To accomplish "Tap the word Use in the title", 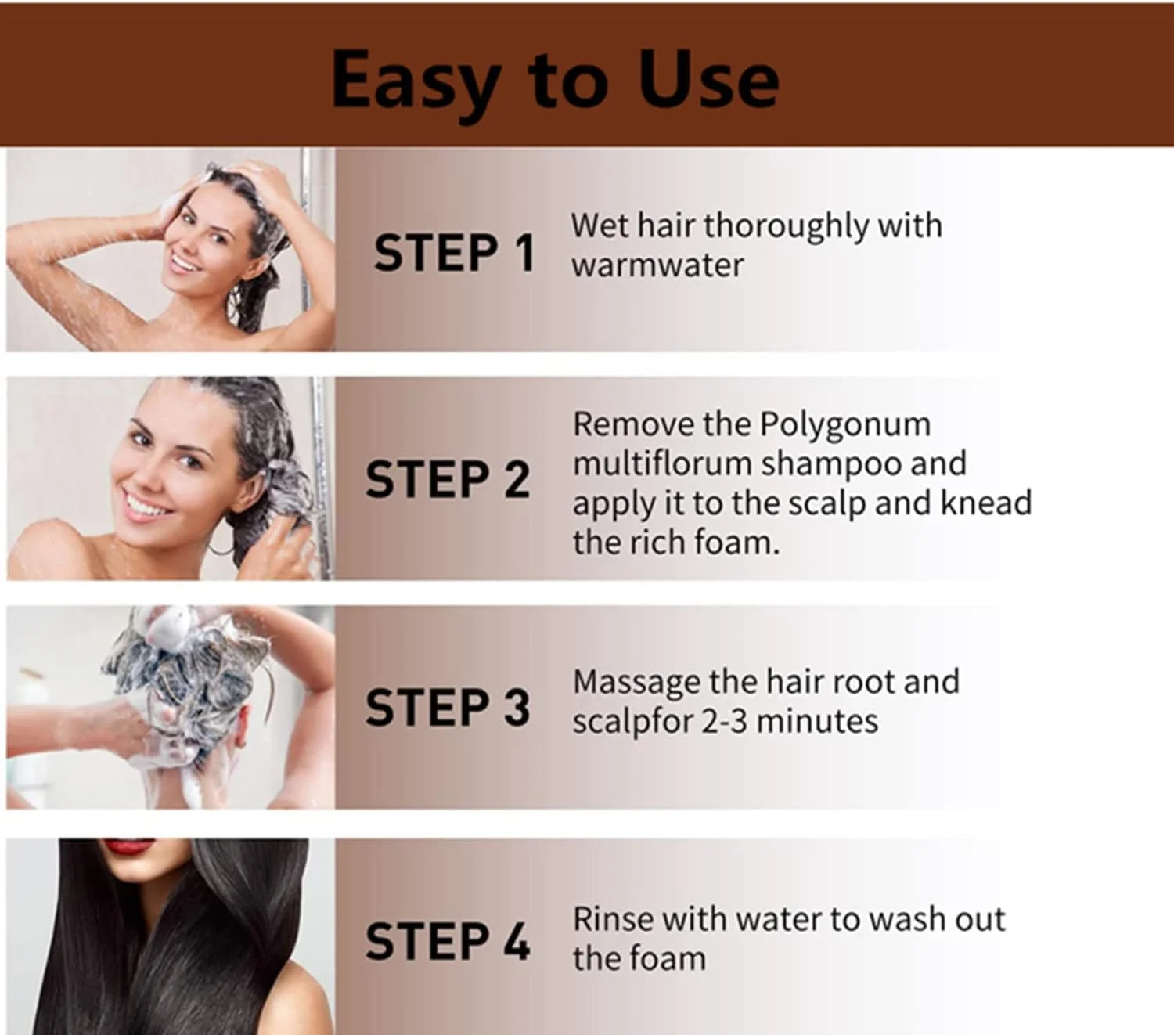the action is [708, 79].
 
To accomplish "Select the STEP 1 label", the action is [454, 253].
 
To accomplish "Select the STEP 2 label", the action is [448, 479].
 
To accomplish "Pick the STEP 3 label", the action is [448, 707].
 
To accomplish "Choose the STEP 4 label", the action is [448, 942].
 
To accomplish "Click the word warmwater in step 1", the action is [657, 266].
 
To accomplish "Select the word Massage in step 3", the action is [636, 683].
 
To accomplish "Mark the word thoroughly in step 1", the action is [786, 227].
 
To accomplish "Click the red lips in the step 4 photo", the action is [135, 846].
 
